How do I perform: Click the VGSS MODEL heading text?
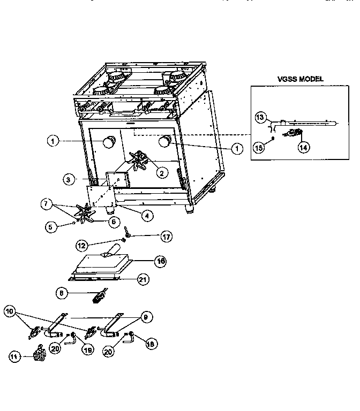(x=301, y=79)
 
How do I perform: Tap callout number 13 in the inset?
(x=260, y=117)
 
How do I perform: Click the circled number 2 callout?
(x=161, y=172)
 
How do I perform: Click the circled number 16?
(x=160, y=261)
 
